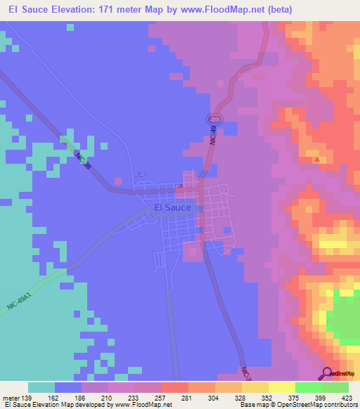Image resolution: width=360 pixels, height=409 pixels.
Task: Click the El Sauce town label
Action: pyautogui.click(x=172, y=208)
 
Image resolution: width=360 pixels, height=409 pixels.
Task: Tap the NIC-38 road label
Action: pyautogui.click(x=84, y=161)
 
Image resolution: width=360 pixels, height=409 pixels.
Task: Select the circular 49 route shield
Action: pyautogui.click(x=214, y=120)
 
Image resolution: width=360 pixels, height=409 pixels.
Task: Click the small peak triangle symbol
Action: pyautogui.click(x=317, y=159)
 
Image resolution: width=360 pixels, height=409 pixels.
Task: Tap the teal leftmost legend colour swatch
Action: pyautogui.click(x=41, y=387)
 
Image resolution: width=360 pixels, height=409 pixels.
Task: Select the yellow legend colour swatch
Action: pyautogui.click(x=281, y=387)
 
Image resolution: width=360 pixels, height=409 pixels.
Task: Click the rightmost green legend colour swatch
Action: pyautogui.click(x=335, y=387)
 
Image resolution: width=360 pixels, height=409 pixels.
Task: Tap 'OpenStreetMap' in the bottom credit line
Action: pyautogui.click(x=298, y=405)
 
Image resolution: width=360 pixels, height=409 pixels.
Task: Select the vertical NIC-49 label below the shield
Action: pyautogui.click(x=212, y=136)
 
